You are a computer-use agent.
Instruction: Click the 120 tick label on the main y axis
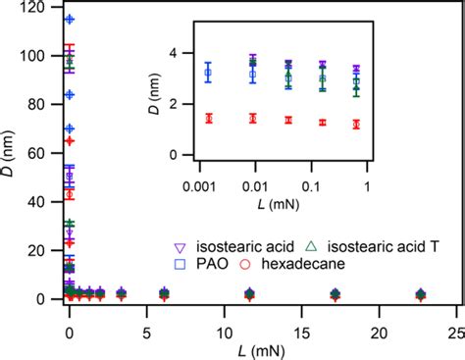(39, 9)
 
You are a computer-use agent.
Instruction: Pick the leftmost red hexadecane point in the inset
(207, 118)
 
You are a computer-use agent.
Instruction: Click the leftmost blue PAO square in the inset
(207, 73)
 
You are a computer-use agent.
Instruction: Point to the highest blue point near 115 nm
(70, 20)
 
